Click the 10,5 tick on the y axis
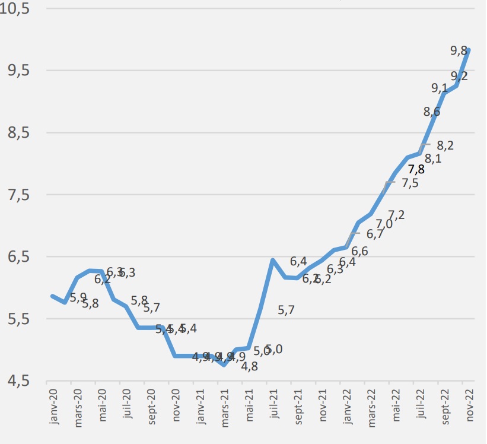click(18, 9)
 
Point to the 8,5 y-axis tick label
click(18, 133)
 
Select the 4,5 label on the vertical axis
click(18, 380)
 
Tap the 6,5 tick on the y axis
click(18, 257)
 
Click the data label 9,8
click(459, 51)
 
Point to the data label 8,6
click(432, 111)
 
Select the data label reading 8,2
click(445, 145)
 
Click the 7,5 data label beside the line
click(410, 183)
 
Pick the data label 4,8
click(249, 366)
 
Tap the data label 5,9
click(78, 297)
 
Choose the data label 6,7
click(375, 234)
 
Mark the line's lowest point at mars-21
click(224, 364)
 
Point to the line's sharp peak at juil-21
click(272, 260)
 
